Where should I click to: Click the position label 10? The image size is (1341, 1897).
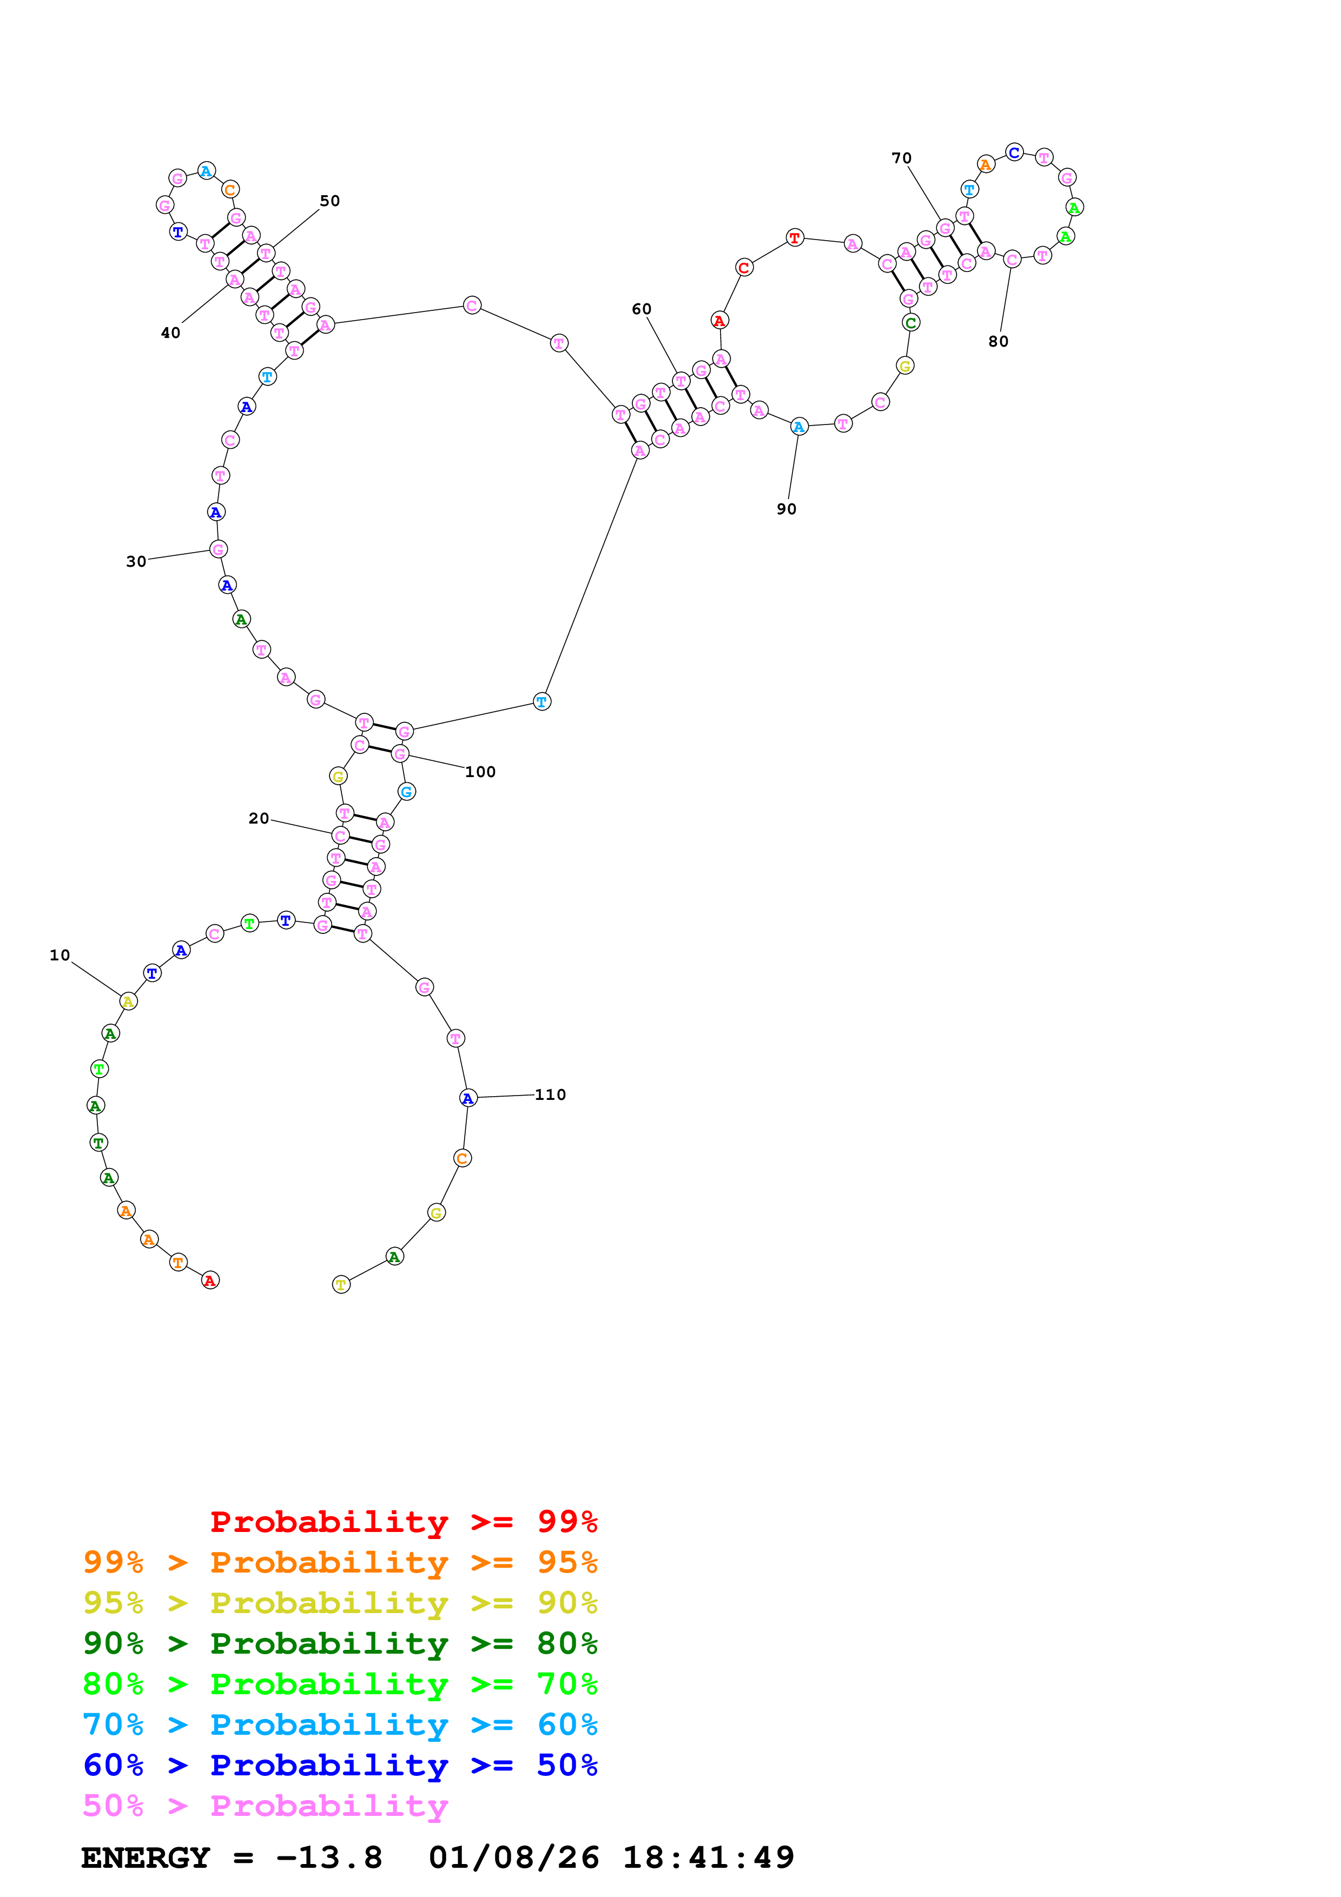pyautogui.click(x=60, y=955)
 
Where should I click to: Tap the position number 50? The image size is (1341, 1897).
pyautogui.click(x=329, y=201)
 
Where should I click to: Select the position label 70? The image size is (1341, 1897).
pyautogui.click(x=901, y=158)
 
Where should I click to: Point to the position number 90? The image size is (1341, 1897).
pyautogui.click(x=787, y=509)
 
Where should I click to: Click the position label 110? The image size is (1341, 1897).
pyautogui.click(x=550, y=1095)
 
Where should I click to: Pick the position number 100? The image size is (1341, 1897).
pyautogui.click(x=480, y=772)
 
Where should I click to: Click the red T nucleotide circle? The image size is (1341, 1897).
pyautogui.click(x=795, y=238)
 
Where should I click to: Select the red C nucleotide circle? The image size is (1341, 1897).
pyautogui.click(x=744, y=268)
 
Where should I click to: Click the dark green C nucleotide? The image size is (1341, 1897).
pyautogui.click(x=910, y=323)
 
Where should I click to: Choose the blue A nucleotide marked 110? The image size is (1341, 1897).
pyautogui.click(x=468, y=1098)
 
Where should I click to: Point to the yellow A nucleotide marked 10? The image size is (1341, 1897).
pyautogui.click(x=128, y=1001)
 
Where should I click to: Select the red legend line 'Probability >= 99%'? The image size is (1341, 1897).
pyautogui.click(x=403, y=1521)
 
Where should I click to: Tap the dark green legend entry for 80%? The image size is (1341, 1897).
pyautogui.click(x=340, y=1643)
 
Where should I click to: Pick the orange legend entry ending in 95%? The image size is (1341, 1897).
pyautogui.click(x=340, y=1562)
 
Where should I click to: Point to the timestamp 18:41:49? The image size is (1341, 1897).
pyautogui.click(x=708, y=1858)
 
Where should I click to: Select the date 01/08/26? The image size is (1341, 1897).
pyautogui.click(x=514, y=1858)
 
